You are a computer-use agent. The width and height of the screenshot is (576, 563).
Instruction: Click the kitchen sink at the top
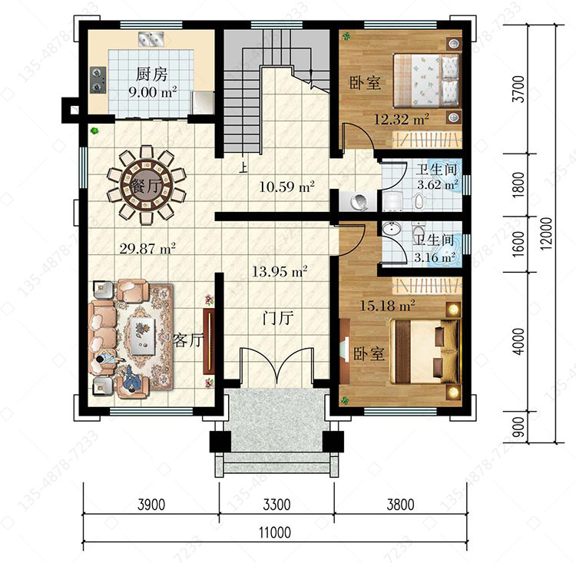(x=151, y=39)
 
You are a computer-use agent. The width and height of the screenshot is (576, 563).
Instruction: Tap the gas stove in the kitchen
(x=98, y=80)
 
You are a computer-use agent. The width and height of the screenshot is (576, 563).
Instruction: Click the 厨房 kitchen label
(x=151, y=75)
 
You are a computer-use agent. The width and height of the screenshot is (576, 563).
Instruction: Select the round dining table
(x=147, y=185)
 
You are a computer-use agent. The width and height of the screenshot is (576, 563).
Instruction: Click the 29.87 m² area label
(x=147, y=249)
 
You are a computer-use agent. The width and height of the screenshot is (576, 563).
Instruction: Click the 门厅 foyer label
(x=278, y=317)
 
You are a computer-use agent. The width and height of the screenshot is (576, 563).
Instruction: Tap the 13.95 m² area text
(x=280, y=272)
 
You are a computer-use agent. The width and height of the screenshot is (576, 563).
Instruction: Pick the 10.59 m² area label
(x=286, y=187)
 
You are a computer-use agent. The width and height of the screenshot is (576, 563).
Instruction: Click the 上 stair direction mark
(x=243, y=168)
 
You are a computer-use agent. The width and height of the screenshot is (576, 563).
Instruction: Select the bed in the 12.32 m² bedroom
(x=427, y=81)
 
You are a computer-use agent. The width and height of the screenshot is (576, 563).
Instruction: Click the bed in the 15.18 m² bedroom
(x=425, y=352)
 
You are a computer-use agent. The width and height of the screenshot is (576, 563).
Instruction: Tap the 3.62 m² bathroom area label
(x=438, y=184)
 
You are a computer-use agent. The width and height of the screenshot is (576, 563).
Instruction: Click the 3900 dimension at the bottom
(x=151, y=505)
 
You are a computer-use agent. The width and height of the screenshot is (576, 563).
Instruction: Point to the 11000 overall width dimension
(x=275, y=532)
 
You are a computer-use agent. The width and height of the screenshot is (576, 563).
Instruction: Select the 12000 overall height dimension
(x=546, y=233)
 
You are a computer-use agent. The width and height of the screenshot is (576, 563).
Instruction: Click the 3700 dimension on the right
(x=519, y=89)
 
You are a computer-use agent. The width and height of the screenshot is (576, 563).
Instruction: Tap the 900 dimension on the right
(x=518, y=427)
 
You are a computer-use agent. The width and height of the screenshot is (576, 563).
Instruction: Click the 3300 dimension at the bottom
(x=276, y=505)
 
